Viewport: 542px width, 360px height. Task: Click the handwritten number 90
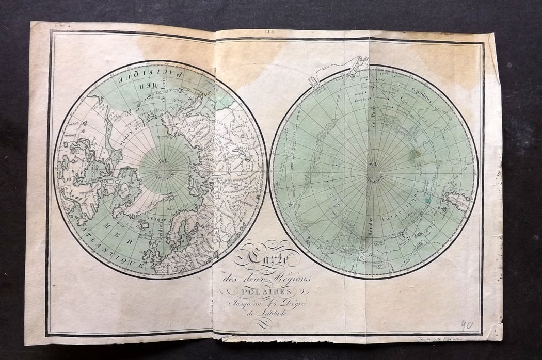pos(466,325)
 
